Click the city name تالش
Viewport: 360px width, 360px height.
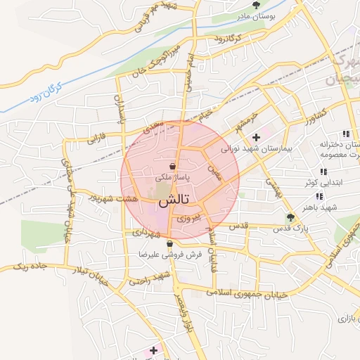pyautogui.click(x=173, y=200)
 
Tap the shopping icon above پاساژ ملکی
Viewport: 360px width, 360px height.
pyautogui.click(x=173, y=167)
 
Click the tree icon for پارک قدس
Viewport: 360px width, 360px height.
pyautogui.click(x=290, y=217)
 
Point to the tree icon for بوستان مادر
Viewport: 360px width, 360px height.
pyautogui.click(x=265, y=6)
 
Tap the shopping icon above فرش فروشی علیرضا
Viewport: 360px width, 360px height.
pyautogui.click(x=169, y=244)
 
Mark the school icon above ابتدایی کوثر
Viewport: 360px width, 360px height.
pyautogui.click(x=323, y=171)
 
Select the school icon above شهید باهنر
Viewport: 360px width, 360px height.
pyautogui.click(x=320, y=196)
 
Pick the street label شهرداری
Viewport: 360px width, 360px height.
pyautogui.click(x=146, y=231)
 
